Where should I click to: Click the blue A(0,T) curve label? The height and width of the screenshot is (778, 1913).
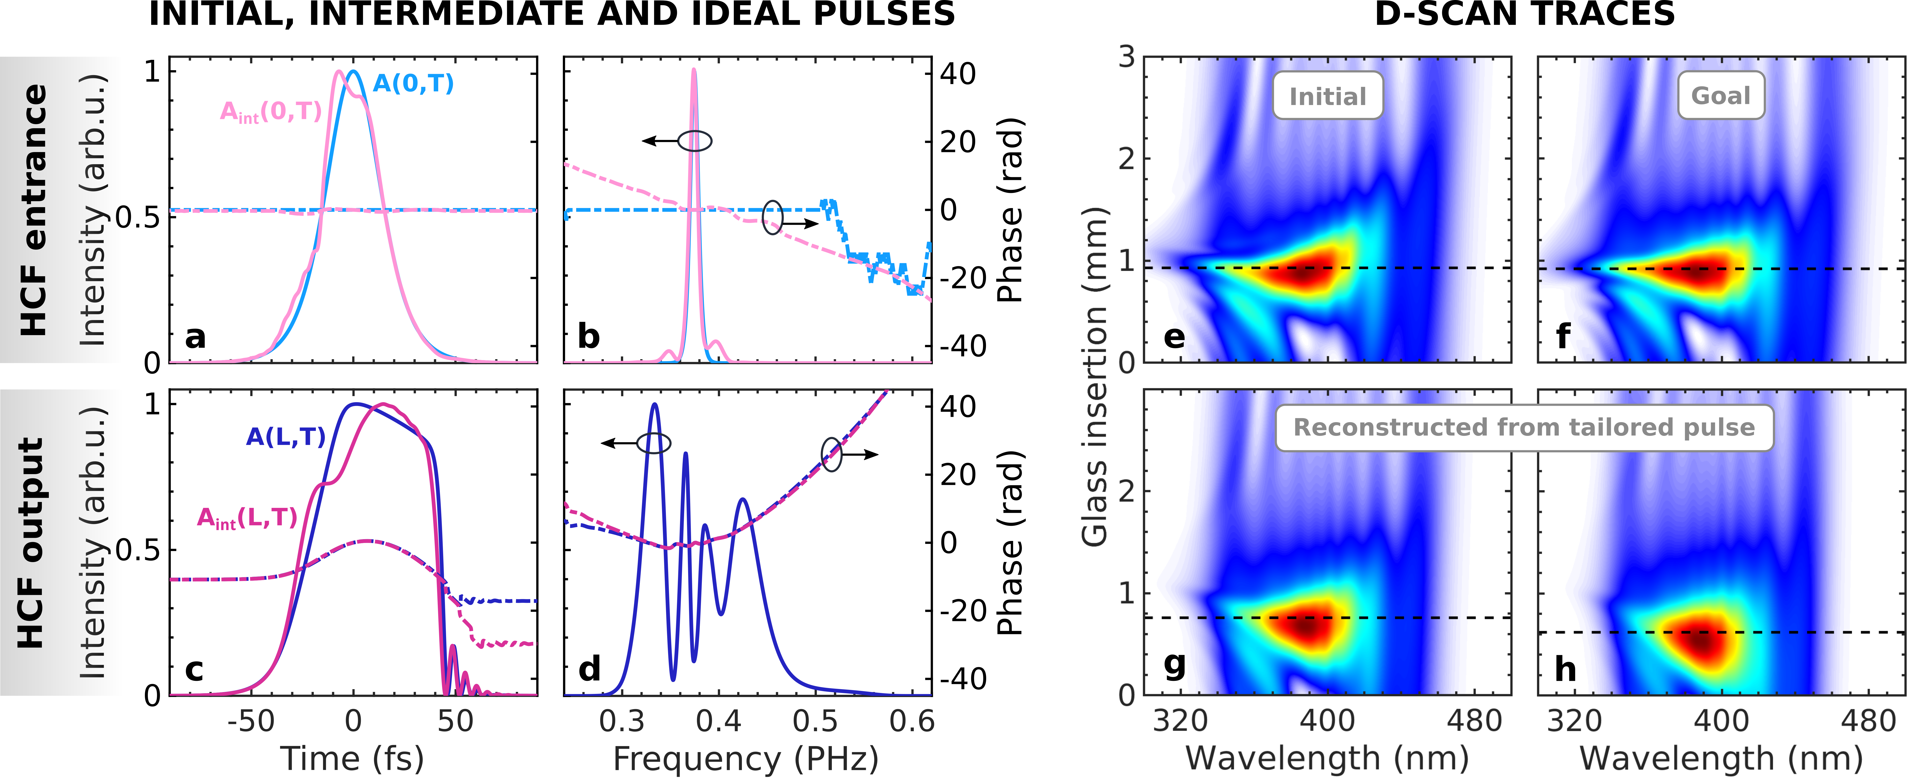(413, 83)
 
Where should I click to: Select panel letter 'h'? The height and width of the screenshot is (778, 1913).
(1565, 669)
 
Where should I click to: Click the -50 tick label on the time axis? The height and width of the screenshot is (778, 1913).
(251, 721)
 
